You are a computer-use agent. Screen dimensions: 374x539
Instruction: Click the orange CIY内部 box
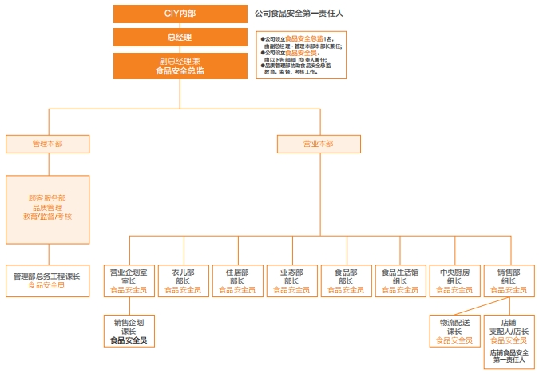point(180,14)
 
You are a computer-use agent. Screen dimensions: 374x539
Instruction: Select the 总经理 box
point(180,37)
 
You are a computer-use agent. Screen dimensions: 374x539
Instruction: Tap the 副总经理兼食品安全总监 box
point(180,66)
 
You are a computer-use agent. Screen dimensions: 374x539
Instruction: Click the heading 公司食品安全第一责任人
point(299,14)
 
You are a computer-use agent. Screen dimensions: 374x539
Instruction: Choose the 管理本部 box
point(47,144)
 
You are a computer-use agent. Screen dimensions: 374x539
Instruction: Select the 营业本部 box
point(318,144)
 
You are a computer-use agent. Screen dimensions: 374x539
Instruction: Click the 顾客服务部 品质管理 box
point(47,209)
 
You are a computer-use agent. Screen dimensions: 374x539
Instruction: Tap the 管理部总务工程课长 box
point(47,280)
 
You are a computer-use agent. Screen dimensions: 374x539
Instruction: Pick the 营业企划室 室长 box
point(129,280)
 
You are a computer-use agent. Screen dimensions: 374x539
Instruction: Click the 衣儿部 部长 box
point(183,280)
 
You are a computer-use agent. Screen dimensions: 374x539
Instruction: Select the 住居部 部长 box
point(237,280)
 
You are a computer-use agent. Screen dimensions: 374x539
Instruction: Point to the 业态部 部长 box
point(291,280)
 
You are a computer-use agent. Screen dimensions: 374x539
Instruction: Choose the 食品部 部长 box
point(346,280)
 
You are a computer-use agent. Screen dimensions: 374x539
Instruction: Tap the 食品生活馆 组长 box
point(400,280)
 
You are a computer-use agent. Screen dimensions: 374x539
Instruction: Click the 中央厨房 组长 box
point(454,280)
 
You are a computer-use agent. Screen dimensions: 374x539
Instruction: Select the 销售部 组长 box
point(509,280)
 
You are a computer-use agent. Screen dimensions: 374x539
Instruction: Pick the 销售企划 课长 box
point(129,331)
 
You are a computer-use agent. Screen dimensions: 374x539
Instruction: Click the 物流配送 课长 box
point(454,331)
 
